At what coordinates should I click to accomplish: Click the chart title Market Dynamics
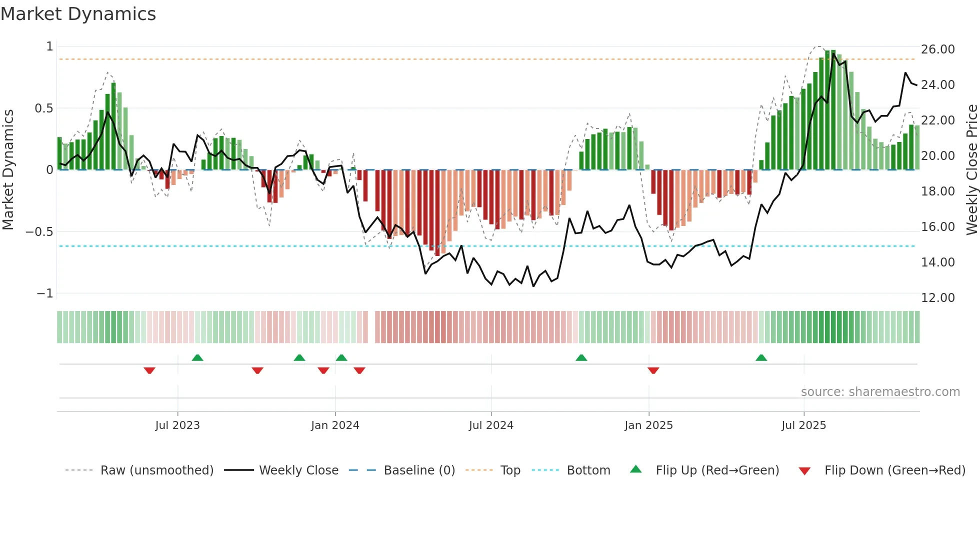[78, 14]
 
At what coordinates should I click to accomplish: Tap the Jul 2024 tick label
[491, 425]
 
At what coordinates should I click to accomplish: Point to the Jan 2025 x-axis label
[648, 425]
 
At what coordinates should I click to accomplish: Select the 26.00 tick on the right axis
[937, 49]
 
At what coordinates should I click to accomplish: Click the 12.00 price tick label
[937, 298]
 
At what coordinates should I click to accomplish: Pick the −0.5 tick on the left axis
[39, 232]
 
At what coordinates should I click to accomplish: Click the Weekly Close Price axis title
[971, 169]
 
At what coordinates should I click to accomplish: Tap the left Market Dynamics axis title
[8, 169]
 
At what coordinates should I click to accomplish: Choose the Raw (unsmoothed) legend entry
[156, 470]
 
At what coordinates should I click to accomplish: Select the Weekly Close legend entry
[298, 470]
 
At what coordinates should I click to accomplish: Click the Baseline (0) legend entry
[419, 470]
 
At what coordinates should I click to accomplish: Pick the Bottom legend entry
[588, 470]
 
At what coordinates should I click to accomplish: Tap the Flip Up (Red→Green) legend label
[717, 470]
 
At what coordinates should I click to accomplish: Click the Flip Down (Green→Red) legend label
[894, 470]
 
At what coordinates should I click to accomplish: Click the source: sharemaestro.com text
[880, 392]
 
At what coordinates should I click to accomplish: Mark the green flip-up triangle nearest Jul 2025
[761, 358]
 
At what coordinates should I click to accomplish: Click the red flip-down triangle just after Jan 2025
[653, 370]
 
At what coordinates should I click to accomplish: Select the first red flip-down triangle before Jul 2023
[149, 370]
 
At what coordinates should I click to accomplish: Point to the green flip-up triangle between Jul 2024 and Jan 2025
[581, 358]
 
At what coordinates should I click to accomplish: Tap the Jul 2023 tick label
[177, 425]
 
